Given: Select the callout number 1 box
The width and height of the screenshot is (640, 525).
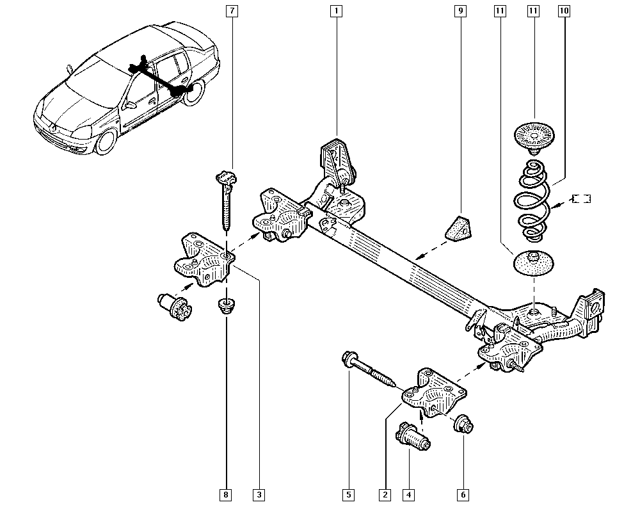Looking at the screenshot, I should [336, 11].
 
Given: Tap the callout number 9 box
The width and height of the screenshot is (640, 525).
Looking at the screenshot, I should [459, 11].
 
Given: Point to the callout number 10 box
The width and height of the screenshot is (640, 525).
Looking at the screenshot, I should [563, 11].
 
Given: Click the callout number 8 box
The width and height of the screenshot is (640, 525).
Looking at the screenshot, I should [226, 494].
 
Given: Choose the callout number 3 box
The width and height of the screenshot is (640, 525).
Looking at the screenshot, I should [259, 494].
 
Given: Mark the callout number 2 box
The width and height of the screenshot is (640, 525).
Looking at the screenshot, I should [385, 494].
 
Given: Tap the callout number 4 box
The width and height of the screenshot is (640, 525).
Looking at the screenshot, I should [408, 494].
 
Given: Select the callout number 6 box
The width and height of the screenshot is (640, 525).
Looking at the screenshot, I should [463, 494].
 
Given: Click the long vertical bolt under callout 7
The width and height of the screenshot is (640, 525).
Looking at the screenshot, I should [227, 202].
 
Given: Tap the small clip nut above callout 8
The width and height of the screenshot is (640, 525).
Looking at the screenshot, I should [226, 305].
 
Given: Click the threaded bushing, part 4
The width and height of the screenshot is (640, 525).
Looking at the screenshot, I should [413, 437].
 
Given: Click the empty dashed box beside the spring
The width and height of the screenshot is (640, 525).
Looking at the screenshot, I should [581, 198].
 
